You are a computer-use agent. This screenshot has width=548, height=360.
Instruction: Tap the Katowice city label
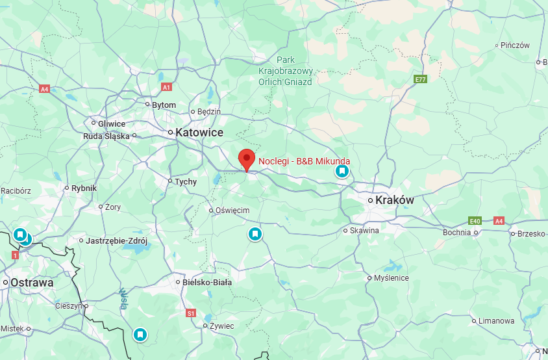[x=199, y=133]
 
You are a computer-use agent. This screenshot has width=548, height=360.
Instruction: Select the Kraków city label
[x=394, y=200]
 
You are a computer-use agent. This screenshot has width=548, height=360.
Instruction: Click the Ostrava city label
[x=31, y=283]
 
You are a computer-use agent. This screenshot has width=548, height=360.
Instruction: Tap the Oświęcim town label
[x=232, y=210]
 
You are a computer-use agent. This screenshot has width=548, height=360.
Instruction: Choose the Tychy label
[x=185, y=182]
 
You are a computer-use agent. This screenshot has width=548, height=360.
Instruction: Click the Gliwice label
[x=112, y=123]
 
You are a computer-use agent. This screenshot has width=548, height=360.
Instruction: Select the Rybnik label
[x=84, y=188]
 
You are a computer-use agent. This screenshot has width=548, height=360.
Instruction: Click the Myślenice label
[x=392, y=278]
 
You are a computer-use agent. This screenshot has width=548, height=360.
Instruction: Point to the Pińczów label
[x=516, y=45]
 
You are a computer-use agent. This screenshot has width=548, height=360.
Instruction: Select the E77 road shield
[x=421, y=79]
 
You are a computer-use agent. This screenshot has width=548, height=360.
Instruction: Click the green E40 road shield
[x=475, y=221]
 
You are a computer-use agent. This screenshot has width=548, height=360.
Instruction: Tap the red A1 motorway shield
[x=166, y=86]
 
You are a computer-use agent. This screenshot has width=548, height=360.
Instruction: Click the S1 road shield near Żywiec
[x=191, y=313]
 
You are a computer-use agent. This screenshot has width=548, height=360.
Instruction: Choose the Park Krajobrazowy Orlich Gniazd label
[x=286, y=71]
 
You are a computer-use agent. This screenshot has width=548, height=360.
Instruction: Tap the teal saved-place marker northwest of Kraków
[x=342, y=171]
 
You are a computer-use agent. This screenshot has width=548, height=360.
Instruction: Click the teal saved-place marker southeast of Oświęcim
[x=256, y=234]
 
